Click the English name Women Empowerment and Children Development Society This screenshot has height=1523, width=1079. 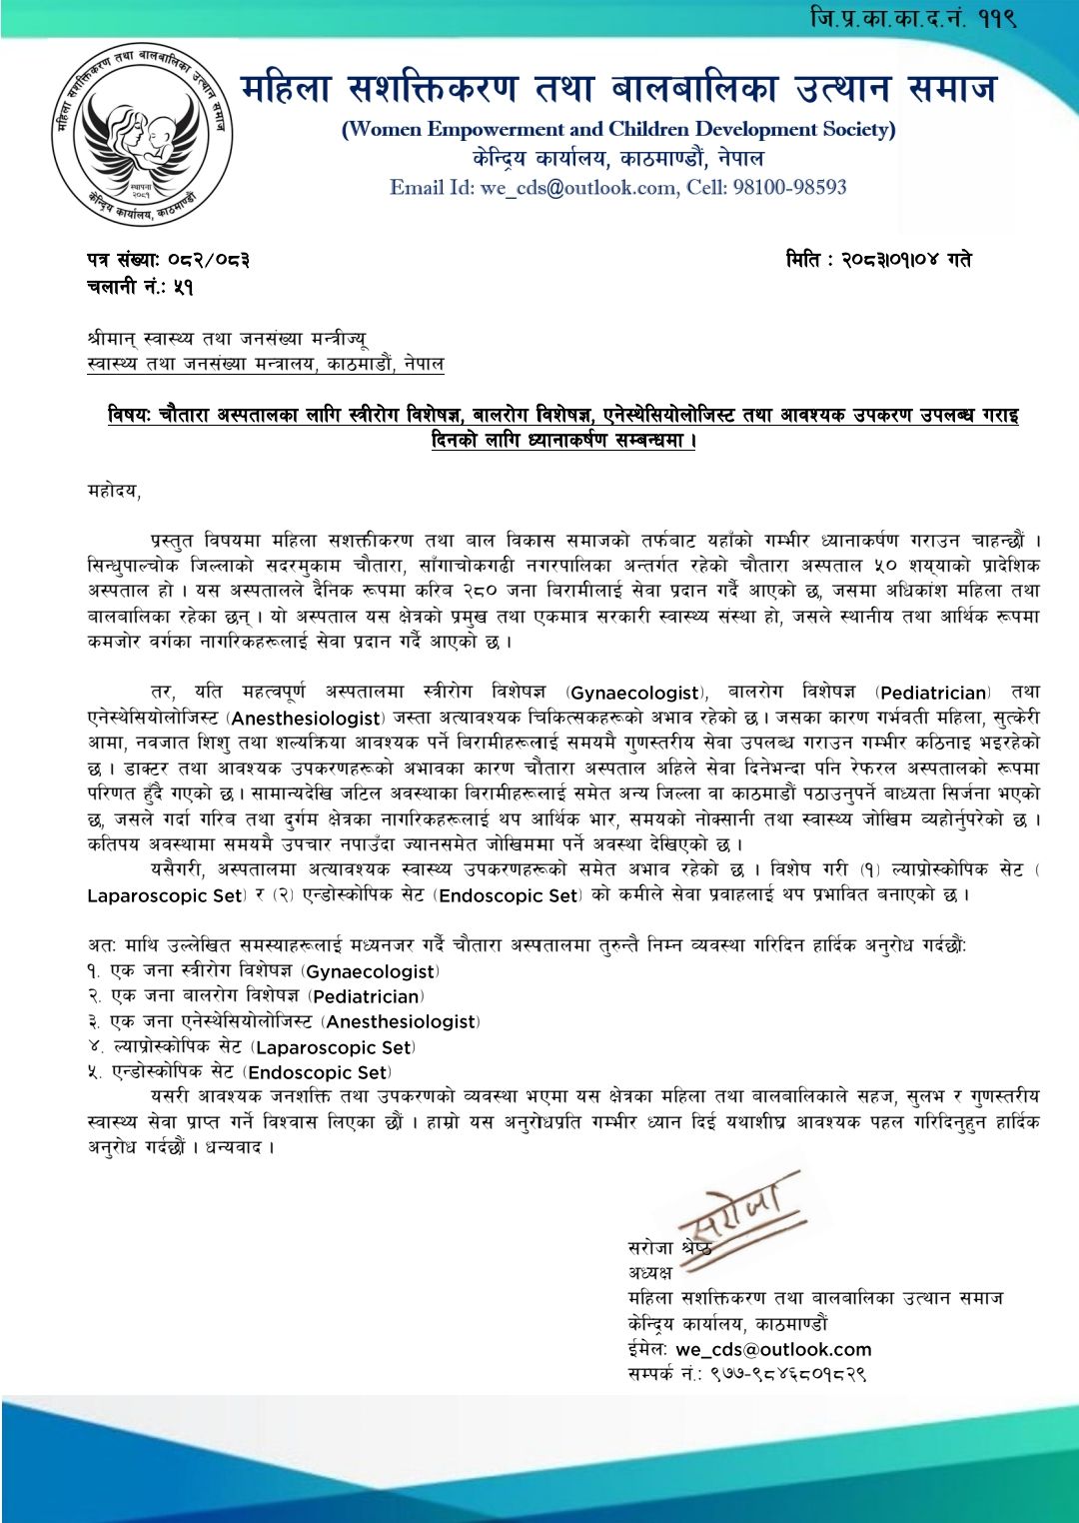click(x=618, y=129)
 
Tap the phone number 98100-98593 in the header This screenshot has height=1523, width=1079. click(x=789, y=187)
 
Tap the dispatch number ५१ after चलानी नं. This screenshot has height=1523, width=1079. click(x=183, y=287)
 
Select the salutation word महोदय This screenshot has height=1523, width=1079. click(x=113, y=492)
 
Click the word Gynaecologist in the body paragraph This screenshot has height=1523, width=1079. click(x=635, y=693)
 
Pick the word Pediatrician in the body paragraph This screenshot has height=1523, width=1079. click(x=934, y=693)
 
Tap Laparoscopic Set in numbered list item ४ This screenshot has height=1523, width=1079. click(x=334, y=1047)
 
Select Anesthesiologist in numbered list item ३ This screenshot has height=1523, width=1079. click(x=401, y=1021)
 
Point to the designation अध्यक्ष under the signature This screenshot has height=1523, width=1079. click(x=649, y=1272)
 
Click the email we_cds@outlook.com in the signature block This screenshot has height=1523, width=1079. click(x=773, y=1349)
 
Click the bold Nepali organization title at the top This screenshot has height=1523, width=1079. click(x=618, y=88)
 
